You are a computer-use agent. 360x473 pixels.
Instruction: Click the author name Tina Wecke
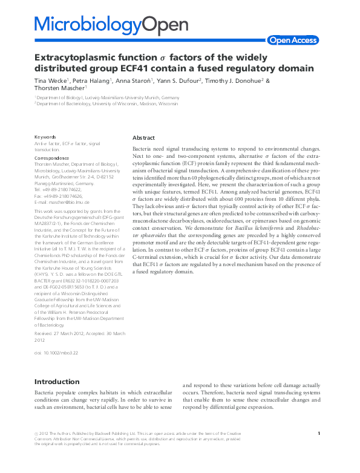pos(51,80)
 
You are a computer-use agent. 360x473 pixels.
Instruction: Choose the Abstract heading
pos(143,138)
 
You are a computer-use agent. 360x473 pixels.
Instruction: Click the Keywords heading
pos(45,137)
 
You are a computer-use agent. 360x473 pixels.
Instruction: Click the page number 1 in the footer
pos(318,432)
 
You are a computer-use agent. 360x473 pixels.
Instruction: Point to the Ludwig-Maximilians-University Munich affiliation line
pos(108,97)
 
